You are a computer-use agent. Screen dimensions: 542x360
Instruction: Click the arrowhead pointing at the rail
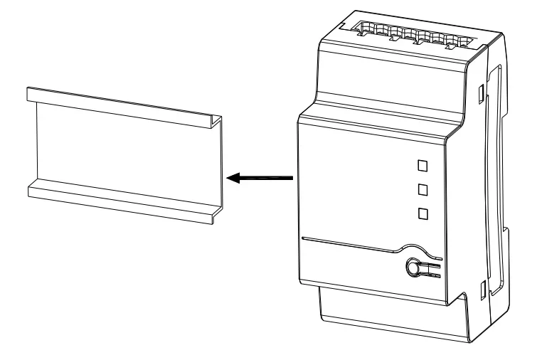[232, 179]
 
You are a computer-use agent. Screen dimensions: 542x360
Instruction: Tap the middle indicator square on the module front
[423, 189]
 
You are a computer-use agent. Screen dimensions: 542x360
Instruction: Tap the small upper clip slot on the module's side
[482, 92]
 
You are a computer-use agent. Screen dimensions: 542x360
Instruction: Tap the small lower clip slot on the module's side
[482, 288]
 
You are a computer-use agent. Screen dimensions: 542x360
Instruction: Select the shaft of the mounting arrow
[270, 179]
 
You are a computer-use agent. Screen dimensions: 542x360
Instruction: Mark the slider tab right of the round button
[432, 269]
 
